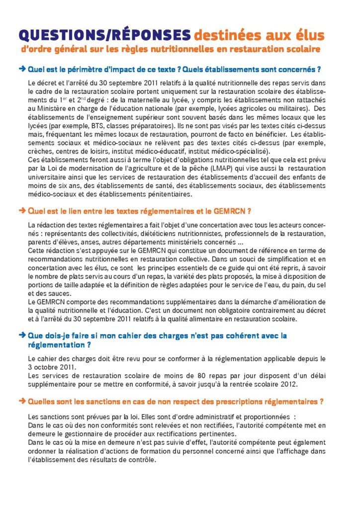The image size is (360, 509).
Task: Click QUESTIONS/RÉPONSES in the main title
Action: [104, 34]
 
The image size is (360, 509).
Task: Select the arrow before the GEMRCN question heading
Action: [22, 211]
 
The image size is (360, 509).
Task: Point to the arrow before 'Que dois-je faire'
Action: [22, 335]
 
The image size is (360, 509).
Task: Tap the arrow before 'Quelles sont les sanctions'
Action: [22, 400]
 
